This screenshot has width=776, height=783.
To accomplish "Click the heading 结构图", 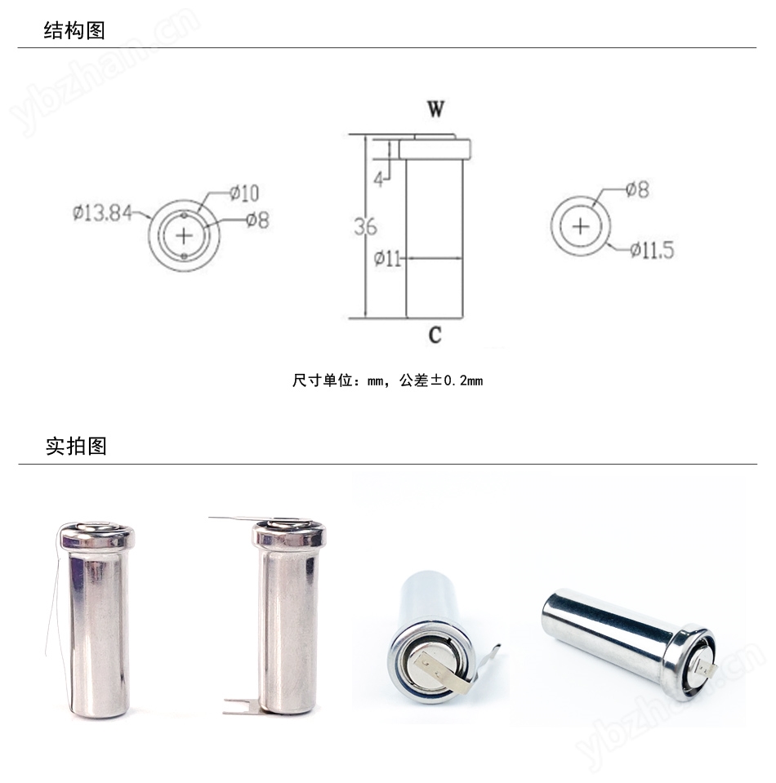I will click(x=74, y=30).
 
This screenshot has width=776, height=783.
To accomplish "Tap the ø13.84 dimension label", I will click(x=101, y=213).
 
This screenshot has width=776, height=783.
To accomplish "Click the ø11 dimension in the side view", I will click(x=387, y=259).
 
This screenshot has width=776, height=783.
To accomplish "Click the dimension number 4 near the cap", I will click(x=378, y=179).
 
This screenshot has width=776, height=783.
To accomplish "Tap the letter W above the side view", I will click(x=435, y=110).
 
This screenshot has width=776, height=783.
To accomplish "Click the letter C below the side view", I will click(x=435, y=334).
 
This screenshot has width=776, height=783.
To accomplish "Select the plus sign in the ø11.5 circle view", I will click(x=580, y=226).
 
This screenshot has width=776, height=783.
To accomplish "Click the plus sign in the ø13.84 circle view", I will click(x=185, y=235).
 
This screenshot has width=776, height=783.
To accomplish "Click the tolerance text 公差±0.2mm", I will click(x=440, y=380).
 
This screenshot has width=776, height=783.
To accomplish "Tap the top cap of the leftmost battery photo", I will click(x=97, y=536).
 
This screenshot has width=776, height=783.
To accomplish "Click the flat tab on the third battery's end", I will click(x=440, y=664).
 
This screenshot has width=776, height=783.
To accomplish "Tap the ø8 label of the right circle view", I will click(x=637, y=189).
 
